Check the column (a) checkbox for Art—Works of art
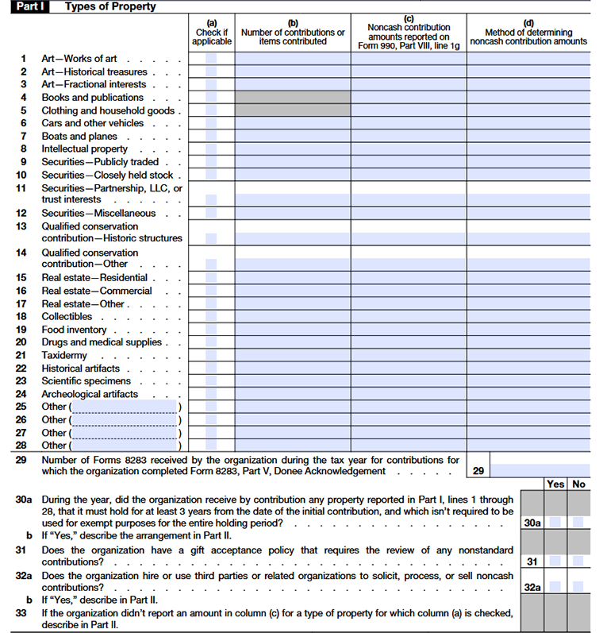point(211,59)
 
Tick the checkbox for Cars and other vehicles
point(211,124)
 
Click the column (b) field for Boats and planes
point(293,137)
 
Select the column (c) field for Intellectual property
point(409,149)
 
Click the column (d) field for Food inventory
point(528,330)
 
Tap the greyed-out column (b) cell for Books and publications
point(293,98)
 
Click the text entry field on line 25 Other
point(124,407)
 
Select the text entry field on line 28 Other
point(124,446)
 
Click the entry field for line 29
point(540,470)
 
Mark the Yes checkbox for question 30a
point(555,523)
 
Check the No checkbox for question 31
point(578,562)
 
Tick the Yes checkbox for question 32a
point(555,587)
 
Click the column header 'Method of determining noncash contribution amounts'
point(528,37)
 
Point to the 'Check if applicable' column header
point(212,37)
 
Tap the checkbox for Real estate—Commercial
point(211,291)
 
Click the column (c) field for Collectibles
point(409,317)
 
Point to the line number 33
point(22,613)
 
